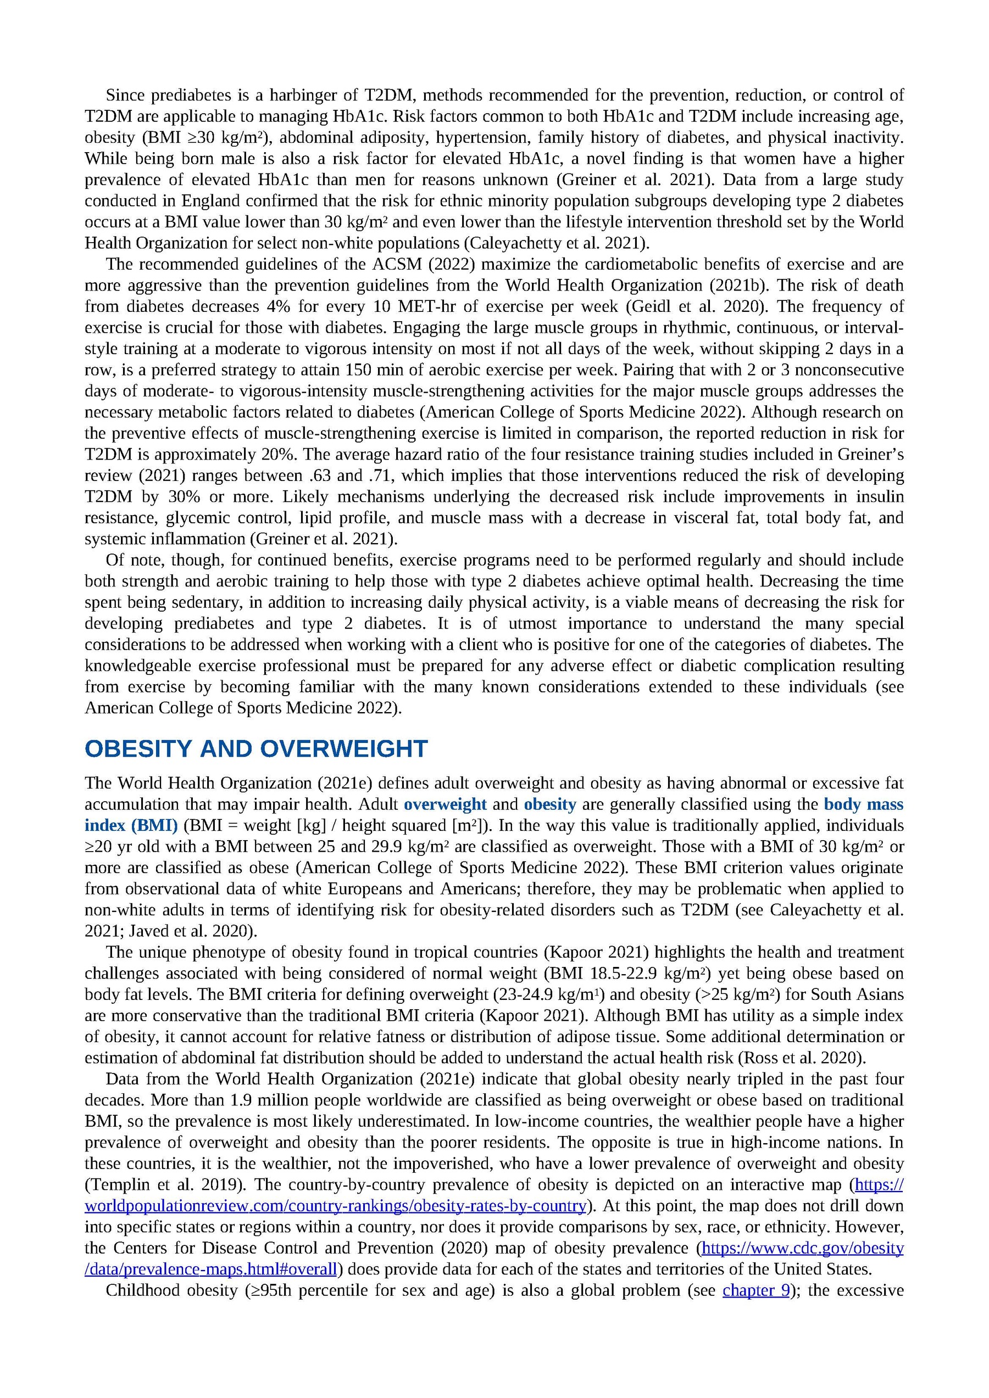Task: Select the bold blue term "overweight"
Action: (445, 804)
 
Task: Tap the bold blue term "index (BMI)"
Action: (131, 826)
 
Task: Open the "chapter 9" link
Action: (755, 1290)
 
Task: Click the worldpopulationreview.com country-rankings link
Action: (335, 1206)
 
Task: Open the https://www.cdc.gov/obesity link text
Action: (803, 1248)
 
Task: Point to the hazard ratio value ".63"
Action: (315, 476)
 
